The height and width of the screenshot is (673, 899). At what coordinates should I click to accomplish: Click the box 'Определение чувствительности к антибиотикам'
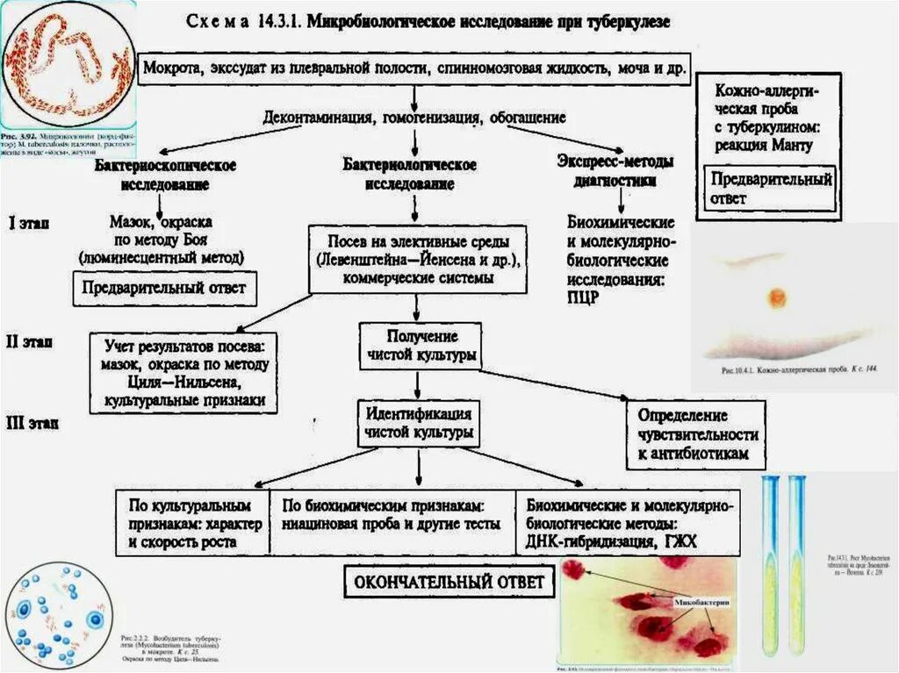pyautogui.click(x=695, y=434)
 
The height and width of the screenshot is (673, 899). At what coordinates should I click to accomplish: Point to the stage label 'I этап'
pyautogui.click(x=29, y=223)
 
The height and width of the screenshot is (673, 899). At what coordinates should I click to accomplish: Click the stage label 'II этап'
pyautogui.click(x=30, y=341)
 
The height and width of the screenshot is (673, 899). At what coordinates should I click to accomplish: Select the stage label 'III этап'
pyautogui.click(x=33, y=423)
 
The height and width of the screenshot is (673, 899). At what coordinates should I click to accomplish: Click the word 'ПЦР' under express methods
pyautogui.click(x=583, y=297)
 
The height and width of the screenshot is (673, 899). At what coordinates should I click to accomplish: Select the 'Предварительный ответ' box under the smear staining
pyautogui.click(x=164, y=288)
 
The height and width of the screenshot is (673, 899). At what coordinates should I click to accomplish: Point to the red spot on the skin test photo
pyautogui.click(x=777, y=297)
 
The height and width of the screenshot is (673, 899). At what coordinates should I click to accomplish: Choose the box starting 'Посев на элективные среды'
pyautogui.click(x=417, y=259)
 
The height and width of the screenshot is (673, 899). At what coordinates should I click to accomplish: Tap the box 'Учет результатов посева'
pyautogui.click(x=184, y=372)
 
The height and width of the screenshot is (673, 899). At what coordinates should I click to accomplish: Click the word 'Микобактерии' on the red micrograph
pyautogui.click(x=702, y=604)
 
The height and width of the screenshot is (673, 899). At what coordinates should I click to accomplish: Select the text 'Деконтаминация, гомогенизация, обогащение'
pyautogui.click(x=414, y=117)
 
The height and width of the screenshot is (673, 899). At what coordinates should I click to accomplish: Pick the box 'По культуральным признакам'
pyautogui.click(x=190, y=524)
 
